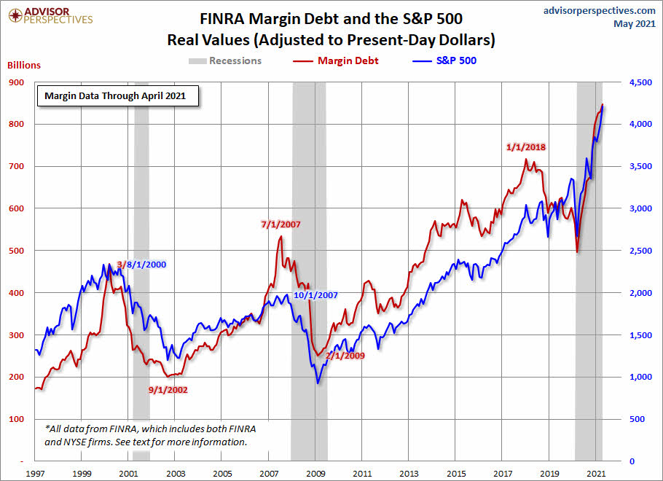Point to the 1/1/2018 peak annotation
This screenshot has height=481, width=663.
(526, 146)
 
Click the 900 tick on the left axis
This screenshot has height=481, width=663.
(15, 82)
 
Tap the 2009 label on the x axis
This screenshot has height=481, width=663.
(316, 473)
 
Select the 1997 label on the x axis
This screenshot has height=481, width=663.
(36, 473)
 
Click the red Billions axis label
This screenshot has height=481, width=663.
(24, 65)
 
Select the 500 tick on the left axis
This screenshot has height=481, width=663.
(15, 251)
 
